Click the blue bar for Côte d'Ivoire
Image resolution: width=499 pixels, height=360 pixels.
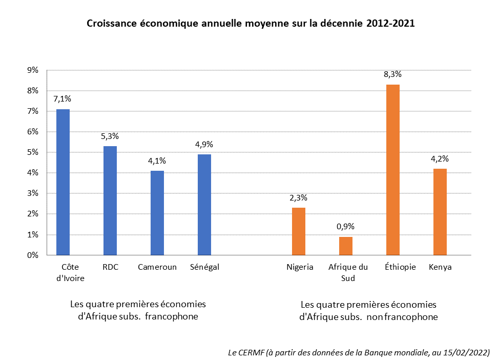[x=63, y=182]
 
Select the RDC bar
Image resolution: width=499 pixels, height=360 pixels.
[x=110, y=201]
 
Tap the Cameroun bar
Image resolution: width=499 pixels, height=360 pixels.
[x=157, y=213]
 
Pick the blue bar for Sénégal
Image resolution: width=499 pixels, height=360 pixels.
[x=204, y=205]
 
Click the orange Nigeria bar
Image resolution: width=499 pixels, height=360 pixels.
[x=299, y=231]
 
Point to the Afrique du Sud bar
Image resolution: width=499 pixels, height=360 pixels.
[x=346, y=246]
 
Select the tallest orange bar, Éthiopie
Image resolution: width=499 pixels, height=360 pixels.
[x=393, y=170]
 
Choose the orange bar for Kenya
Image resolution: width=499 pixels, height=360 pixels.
[x=440, y=212]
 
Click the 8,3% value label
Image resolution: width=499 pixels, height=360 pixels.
[x=393, y=75]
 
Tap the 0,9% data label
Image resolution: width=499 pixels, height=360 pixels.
[x=346, y=227]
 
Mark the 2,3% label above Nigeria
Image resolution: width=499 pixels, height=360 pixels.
[x=299, y=198]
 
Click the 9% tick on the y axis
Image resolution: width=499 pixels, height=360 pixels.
[x=33, y=70]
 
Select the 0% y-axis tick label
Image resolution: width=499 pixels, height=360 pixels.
[x=33, y=255]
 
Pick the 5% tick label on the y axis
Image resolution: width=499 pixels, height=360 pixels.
[x=33, y=152]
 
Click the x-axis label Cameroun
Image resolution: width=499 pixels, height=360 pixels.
[x=157, y=267]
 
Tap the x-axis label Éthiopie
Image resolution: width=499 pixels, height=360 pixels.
[x=400, y=267]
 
